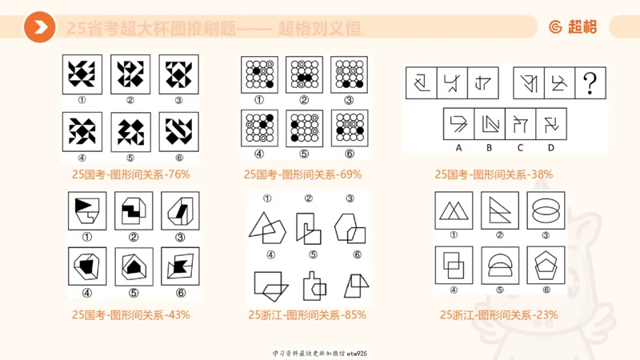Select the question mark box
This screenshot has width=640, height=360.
[590, 82]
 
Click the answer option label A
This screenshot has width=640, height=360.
[459, 147]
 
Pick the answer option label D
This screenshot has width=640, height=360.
[550, 147]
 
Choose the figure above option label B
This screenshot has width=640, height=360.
[489, 123]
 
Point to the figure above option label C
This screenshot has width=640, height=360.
[520, 123]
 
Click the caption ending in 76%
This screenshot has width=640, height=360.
[130, 174]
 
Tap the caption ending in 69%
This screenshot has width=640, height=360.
[303, 174]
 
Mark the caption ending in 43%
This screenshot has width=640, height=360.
[130, 314]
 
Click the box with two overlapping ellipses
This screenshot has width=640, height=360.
[546, 210]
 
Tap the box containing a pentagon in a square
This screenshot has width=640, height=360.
[546, 265]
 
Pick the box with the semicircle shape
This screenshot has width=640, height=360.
[500, 265]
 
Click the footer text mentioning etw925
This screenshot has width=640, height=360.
[319, 353]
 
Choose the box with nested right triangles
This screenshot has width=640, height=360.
[500, 210]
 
